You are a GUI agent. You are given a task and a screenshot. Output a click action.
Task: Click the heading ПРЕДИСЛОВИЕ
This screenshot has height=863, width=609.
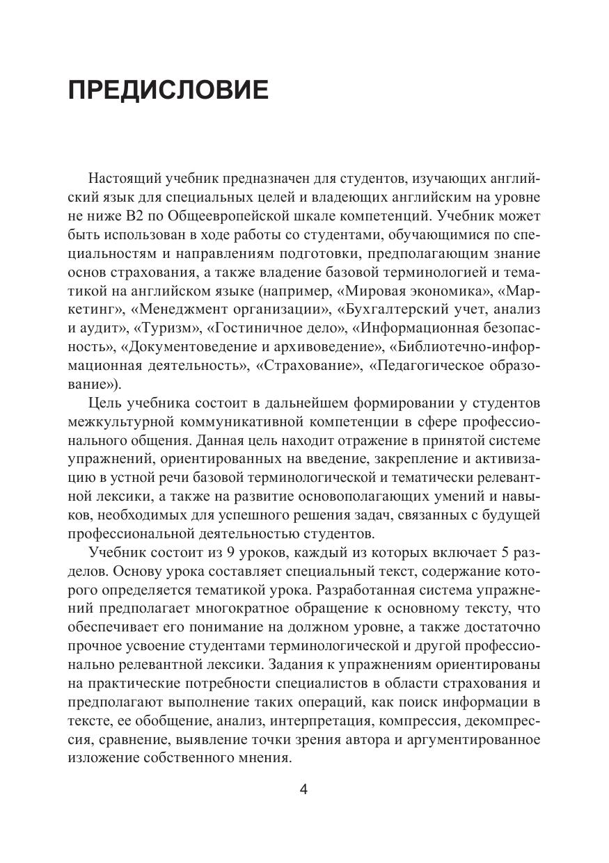click(168, 91)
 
